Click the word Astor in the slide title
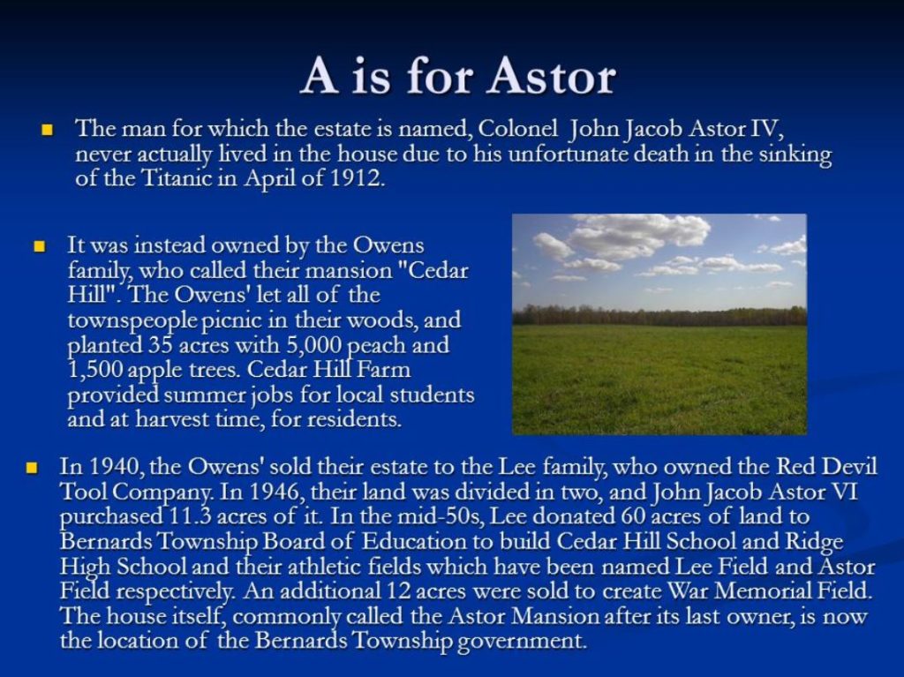pos(553,78)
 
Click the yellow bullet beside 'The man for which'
pos(48,129)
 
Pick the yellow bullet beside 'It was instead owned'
pos(40,247)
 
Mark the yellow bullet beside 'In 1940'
pos(32,467)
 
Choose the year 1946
pos(275,492)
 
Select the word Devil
pos(850,466)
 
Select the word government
pos(521,641)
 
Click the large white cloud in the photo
pos(637,234)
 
